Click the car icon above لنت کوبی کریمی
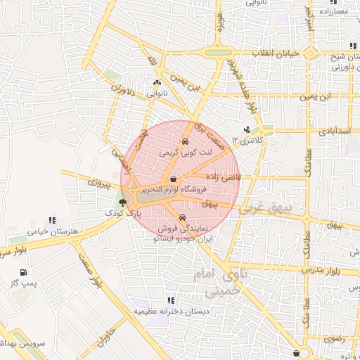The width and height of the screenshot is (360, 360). coord(185,141)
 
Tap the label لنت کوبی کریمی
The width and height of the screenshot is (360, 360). coord(185,151)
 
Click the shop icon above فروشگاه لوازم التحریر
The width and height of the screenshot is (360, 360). coord(173,180)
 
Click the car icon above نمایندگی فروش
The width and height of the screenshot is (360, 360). coord(183,217)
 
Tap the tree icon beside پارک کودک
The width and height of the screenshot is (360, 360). coord(123,203)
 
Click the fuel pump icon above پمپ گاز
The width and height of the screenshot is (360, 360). coord(24,272)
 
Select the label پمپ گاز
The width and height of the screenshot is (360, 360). coord(24,283)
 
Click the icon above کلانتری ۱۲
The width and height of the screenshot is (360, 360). coord(246,130)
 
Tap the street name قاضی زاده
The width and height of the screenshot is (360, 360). coord(223,178)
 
